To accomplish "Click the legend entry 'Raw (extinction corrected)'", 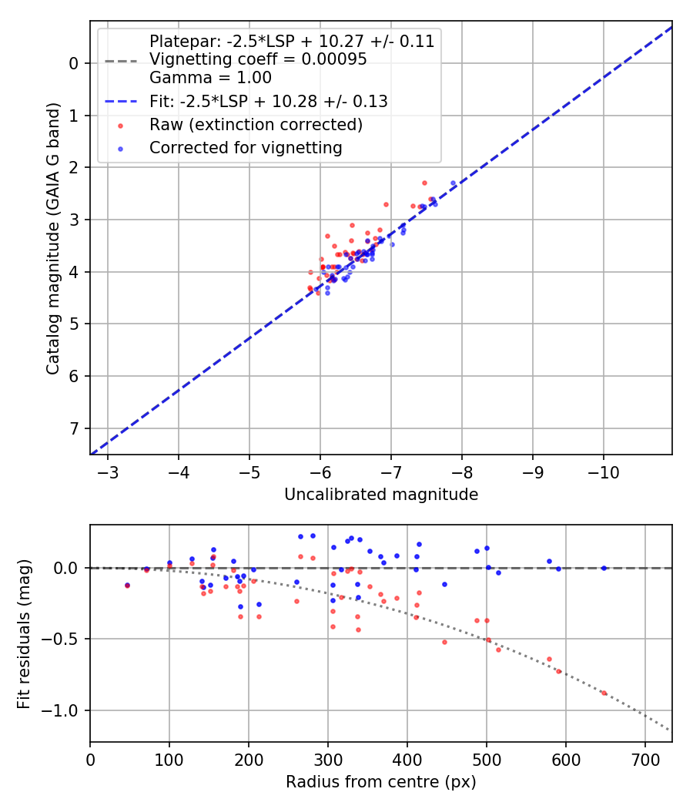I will pos(256,124).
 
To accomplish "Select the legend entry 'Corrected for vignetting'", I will pos(246,147).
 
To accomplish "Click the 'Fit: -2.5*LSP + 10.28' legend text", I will pos(268,101).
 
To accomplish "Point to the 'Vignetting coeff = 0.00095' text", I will pos(258,59).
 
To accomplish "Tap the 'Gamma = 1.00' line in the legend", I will pos(210,78).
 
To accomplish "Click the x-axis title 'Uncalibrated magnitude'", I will pos(381,495).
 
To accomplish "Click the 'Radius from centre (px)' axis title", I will pos(381,783).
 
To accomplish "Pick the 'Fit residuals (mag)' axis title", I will pos(24,633).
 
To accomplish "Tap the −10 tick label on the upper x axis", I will pos(603,472).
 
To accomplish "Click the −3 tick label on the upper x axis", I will pos(108,472).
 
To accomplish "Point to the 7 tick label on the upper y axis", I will pos(74,428).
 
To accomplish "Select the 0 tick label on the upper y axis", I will pos(74,63).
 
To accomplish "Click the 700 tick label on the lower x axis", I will pos(644,760).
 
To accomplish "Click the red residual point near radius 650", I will pos(604,693).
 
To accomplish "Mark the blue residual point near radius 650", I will pos(604,568).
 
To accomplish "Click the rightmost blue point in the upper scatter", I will pos(453,183).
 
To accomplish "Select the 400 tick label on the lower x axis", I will pos(407,760).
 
